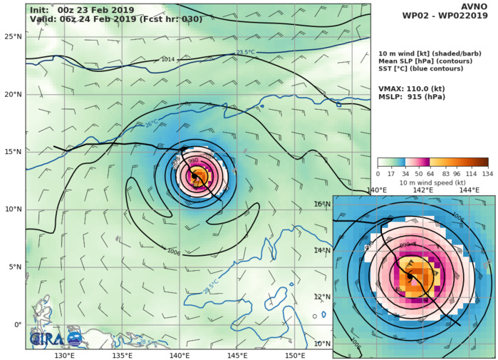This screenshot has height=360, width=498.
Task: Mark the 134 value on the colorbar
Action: click(x=488, y=174)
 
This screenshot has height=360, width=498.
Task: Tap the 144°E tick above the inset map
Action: click(x=468, y=190)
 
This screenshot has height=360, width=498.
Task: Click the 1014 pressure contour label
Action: click(x=168, y=60)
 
